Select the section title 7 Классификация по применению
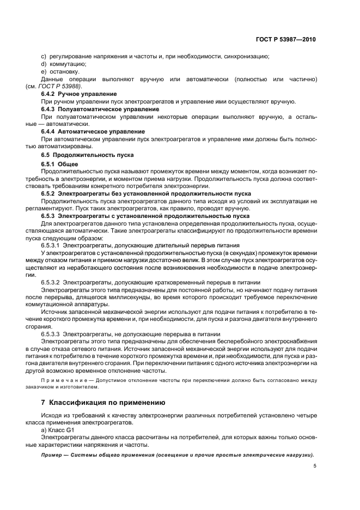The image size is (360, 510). (x=103, y=403)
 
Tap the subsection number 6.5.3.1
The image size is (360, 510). (x=51, y=245)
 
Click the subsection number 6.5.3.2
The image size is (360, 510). (x=51, y=282)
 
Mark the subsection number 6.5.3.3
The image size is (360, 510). (x=51, y=334)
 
